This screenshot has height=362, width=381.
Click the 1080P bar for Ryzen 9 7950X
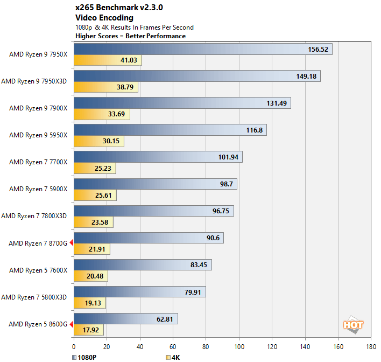203,49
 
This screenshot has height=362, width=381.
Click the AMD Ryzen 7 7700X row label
38,162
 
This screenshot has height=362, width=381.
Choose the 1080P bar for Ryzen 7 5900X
155,184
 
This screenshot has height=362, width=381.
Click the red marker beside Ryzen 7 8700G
71,243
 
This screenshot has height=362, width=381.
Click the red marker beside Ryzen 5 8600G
71,324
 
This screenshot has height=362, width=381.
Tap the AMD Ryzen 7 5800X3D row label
34,297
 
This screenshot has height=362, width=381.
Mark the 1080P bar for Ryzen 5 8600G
125,319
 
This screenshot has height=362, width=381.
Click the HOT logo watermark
353,325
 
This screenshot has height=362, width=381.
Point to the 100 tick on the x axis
239,347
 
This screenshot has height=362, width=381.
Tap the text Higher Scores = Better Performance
131,36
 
